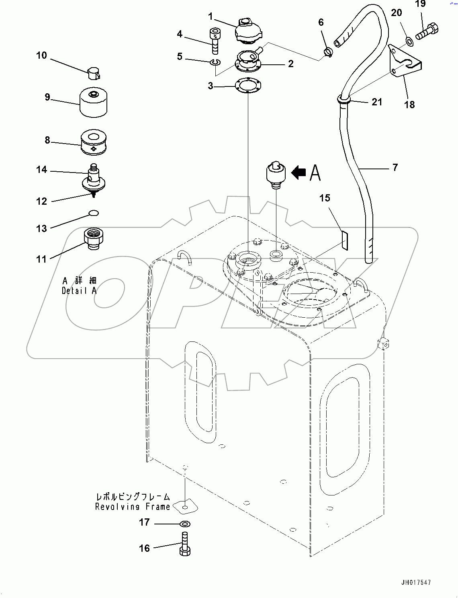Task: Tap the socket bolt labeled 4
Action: (215, 41)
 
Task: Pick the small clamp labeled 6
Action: (328, 52)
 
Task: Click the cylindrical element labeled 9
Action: (94, 102)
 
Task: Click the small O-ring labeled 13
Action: (94, 213)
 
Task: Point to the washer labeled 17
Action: (185, 524)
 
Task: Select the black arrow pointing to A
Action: (299, 173)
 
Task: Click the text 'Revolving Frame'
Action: (133, 507)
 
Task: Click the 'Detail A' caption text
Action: (79, 290)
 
